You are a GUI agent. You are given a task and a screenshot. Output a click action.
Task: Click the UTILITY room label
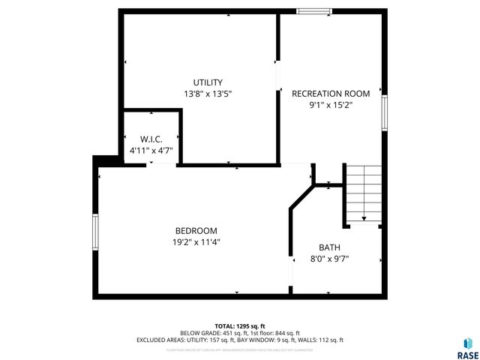[208, 82]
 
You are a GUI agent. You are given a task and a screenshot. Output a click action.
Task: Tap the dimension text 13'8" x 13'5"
[208, 94]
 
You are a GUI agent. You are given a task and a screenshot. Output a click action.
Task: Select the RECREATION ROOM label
[331, 94]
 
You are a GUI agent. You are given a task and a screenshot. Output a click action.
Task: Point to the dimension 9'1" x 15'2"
[331, 106]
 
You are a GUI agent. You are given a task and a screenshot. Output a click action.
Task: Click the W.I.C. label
[151, 139]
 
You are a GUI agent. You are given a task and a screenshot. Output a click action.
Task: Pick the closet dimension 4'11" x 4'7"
[151, 151]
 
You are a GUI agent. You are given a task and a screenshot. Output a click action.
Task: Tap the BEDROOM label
[196, 231]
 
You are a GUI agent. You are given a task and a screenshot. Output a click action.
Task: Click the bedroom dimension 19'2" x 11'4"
[196, 242]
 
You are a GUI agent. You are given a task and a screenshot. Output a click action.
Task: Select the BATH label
[329, 247]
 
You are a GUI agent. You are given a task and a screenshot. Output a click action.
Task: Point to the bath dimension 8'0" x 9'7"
[329, 259]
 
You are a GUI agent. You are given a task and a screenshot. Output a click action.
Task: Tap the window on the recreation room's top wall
[313, 11]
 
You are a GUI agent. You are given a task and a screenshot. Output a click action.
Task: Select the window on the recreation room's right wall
[384, 112]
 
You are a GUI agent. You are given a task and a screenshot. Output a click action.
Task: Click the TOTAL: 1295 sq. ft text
[239, 325]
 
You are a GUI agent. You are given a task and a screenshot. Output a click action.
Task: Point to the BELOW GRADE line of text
[239, 333]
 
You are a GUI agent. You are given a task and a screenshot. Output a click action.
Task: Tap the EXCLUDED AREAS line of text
[239, 340]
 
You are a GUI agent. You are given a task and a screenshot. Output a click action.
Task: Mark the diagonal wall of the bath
[301, 198]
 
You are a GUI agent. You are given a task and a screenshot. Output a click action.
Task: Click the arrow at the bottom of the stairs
[364, 219]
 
